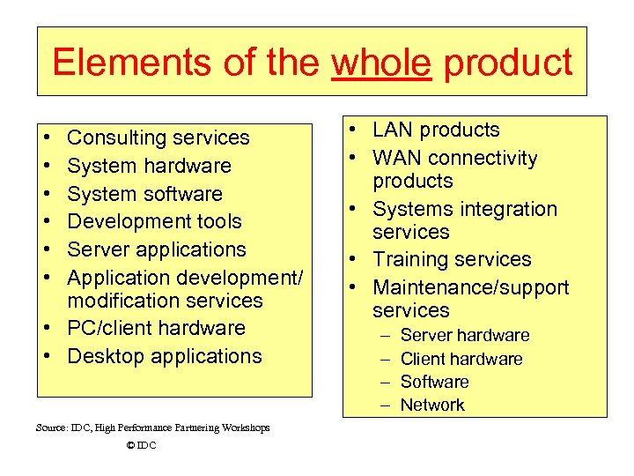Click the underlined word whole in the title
[381, 63]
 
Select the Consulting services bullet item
[158, 138]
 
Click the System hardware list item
[149, 166]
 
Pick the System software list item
[144, 194]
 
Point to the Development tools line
[154, 221]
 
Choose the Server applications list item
[157, 249]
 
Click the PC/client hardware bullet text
[156, 328]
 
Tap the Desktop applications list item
[165, 356]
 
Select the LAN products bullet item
[436, 130]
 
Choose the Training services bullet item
[452, 259]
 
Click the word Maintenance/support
[470, 287]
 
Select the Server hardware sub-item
[465, 335]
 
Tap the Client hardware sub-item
[461, 359]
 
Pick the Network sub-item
[432, 405]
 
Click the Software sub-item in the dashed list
[434, 382]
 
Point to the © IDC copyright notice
[141, 445]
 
